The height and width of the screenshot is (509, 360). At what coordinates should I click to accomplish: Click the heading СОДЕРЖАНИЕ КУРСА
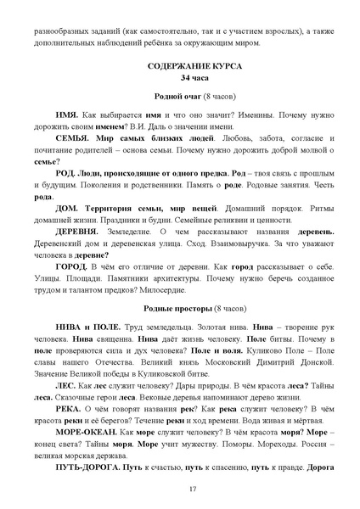[x=180, y=64]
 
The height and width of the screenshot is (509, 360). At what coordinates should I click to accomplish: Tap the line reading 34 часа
[x=180, y=77]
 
